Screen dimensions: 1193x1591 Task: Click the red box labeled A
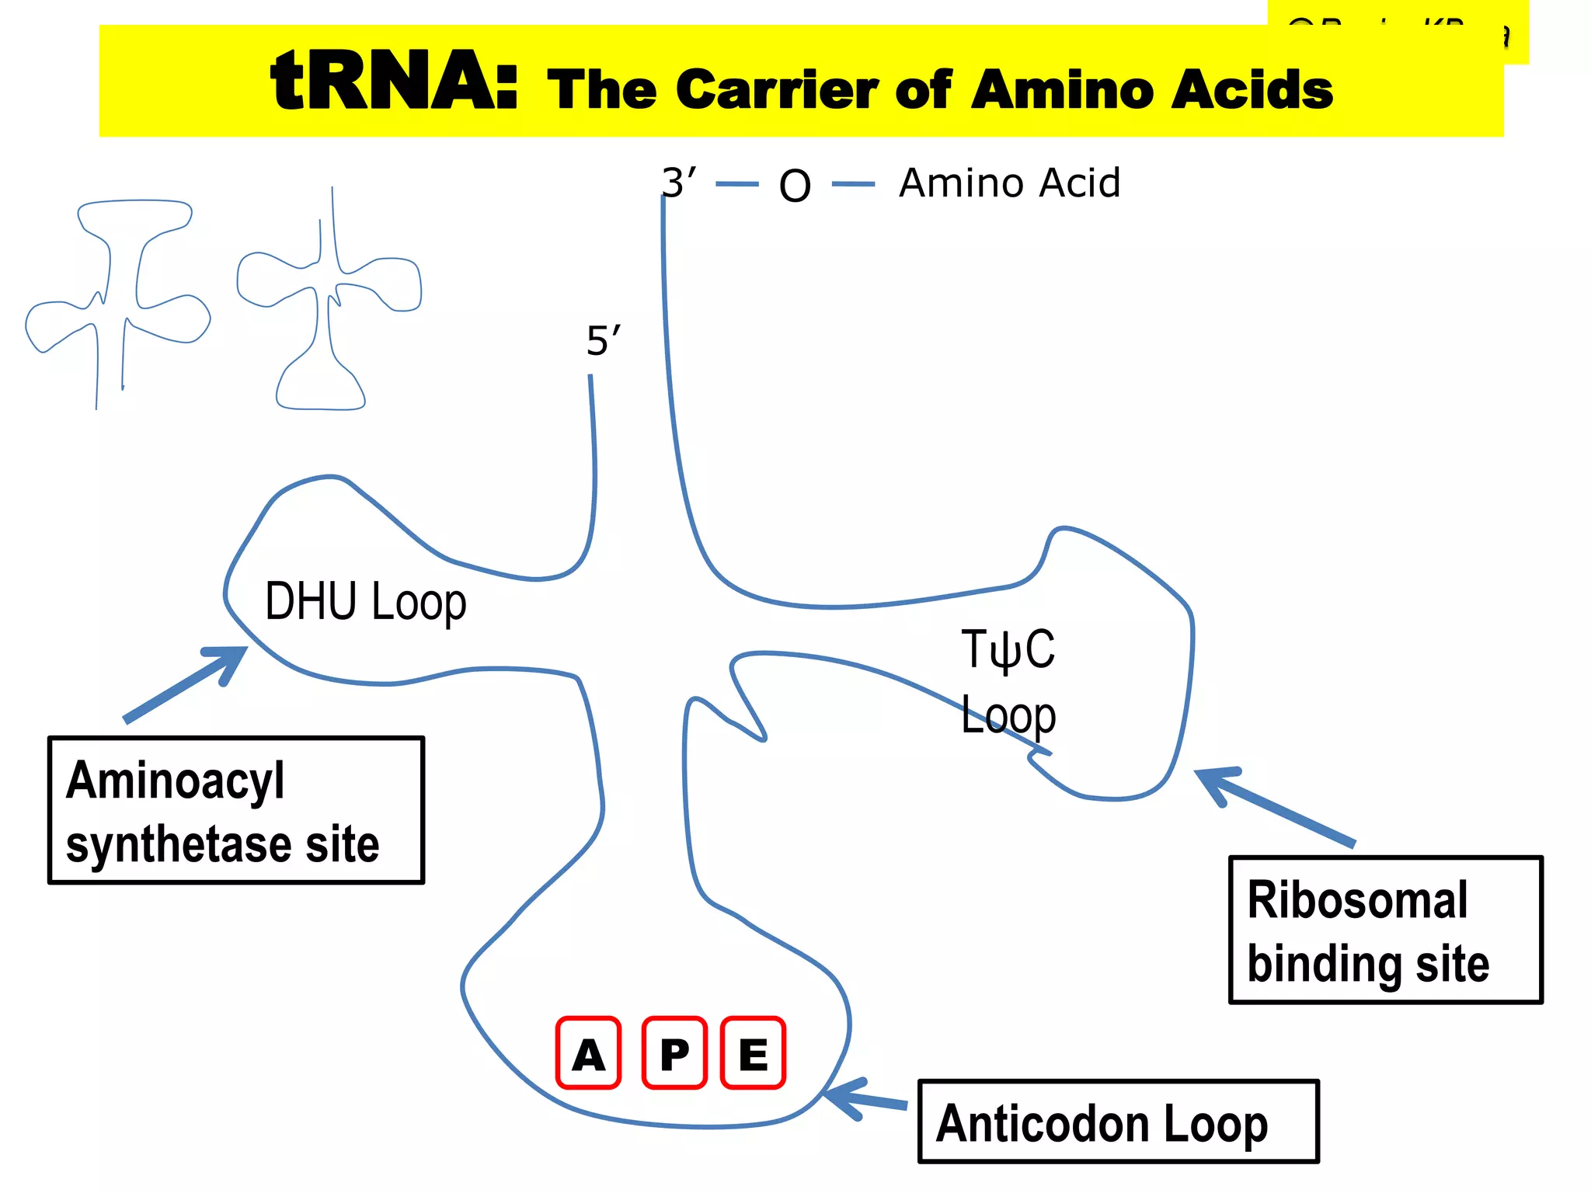tap(588, 1052)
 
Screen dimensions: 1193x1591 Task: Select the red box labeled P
tap(674, 1052)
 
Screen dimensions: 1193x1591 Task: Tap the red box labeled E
tap(753, 1052)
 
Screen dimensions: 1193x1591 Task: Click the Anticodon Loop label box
tap(1118, 1121)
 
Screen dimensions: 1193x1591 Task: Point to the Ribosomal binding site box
tap(1385, 930)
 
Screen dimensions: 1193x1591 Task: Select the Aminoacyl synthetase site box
tap(236, 810)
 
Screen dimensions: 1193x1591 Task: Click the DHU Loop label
tap(365, 602)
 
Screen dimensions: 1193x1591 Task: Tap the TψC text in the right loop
tap(1008, 649)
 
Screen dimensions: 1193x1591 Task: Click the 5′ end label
tap(603, 341)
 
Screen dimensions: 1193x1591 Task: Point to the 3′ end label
tap(678, 183)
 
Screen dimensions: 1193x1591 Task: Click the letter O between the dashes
tap(795, 186)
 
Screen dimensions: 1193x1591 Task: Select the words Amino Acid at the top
tap(1009, 183)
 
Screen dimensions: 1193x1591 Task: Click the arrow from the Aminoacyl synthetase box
tap(186, 683)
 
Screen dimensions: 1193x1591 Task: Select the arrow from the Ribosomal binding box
tap(1274, 806)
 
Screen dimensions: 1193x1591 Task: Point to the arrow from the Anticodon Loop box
tap(864, 1098)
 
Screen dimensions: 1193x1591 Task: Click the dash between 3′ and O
tap(736, 184)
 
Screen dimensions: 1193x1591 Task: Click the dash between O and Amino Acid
tap(853, 184)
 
